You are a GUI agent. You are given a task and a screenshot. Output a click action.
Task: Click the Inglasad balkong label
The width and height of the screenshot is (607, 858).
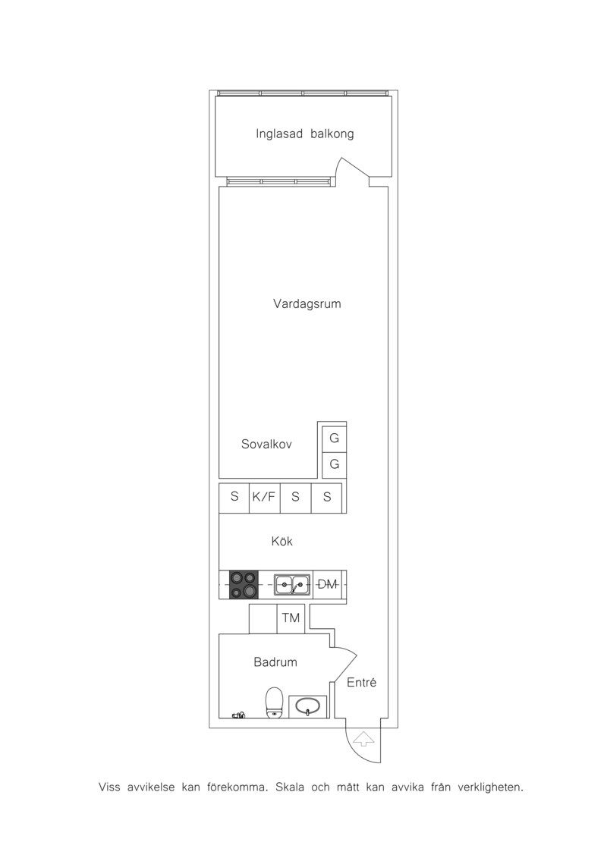pos(304,134)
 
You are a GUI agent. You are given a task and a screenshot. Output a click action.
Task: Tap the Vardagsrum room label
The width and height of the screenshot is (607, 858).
pos(307,304)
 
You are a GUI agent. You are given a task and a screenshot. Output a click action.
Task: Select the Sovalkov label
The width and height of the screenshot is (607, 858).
pos(266,445)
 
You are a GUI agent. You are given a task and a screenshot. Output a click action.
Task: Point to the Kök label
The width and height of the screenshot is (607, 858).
pos(282,541)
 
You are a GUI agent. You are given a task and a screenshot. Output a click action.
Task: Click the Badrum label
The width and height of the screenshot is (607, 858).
pos(275,662)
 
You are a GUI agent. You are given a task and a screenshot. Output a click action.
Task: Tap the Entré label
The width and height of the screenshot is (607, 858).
pos(362,682)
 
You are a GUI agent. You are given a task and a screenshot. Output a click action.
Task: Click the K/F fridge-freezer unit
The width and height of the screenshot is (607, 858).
pos(264,498)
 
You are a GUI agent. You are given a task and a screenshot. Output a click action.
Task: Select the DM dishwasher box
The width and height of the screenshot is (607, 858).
pos(327,585)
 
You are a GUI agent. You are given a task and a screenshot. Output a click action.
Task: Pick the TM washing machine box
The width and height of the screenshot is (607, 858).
pos(291,618)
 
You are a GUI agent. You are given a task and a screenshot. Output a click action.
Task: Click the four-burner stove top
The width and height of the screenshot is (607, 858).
pos(244,585)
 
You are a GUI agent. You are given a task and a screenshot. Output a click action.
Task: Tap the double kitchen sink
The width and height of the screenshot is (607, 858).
pos(292,585)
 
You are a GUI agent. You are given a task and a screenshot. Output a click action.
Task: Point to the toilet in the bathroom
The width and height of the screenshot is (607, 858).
pos(274,702)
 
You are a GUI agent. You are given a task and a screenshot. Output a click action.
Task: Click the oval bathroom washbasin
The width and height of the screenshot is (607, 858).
pos(307,707)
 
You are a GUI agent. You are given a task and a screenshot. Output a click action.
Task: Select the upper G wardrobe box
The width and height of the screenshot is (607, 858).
pos(334,438)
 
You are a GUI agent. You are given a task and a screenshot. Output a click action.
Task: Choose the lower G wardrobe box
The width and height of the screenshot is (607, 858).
pos(334,465)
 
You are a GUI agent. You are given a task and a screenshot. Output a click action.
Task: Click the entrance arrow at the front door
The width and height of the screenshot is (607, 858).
pos(363,739)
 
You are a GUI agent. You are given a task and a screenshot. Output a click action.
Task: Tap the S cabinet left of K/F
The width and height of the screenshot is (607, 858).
pos(234,498)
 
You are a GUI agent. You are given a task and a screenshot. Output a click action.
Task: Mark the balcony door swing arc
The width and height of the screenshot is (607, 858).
pos(354,164)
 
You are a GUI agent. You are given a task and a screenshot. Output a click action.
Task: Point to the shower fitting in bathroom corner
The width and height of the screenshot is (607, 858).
pos(238,715)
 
